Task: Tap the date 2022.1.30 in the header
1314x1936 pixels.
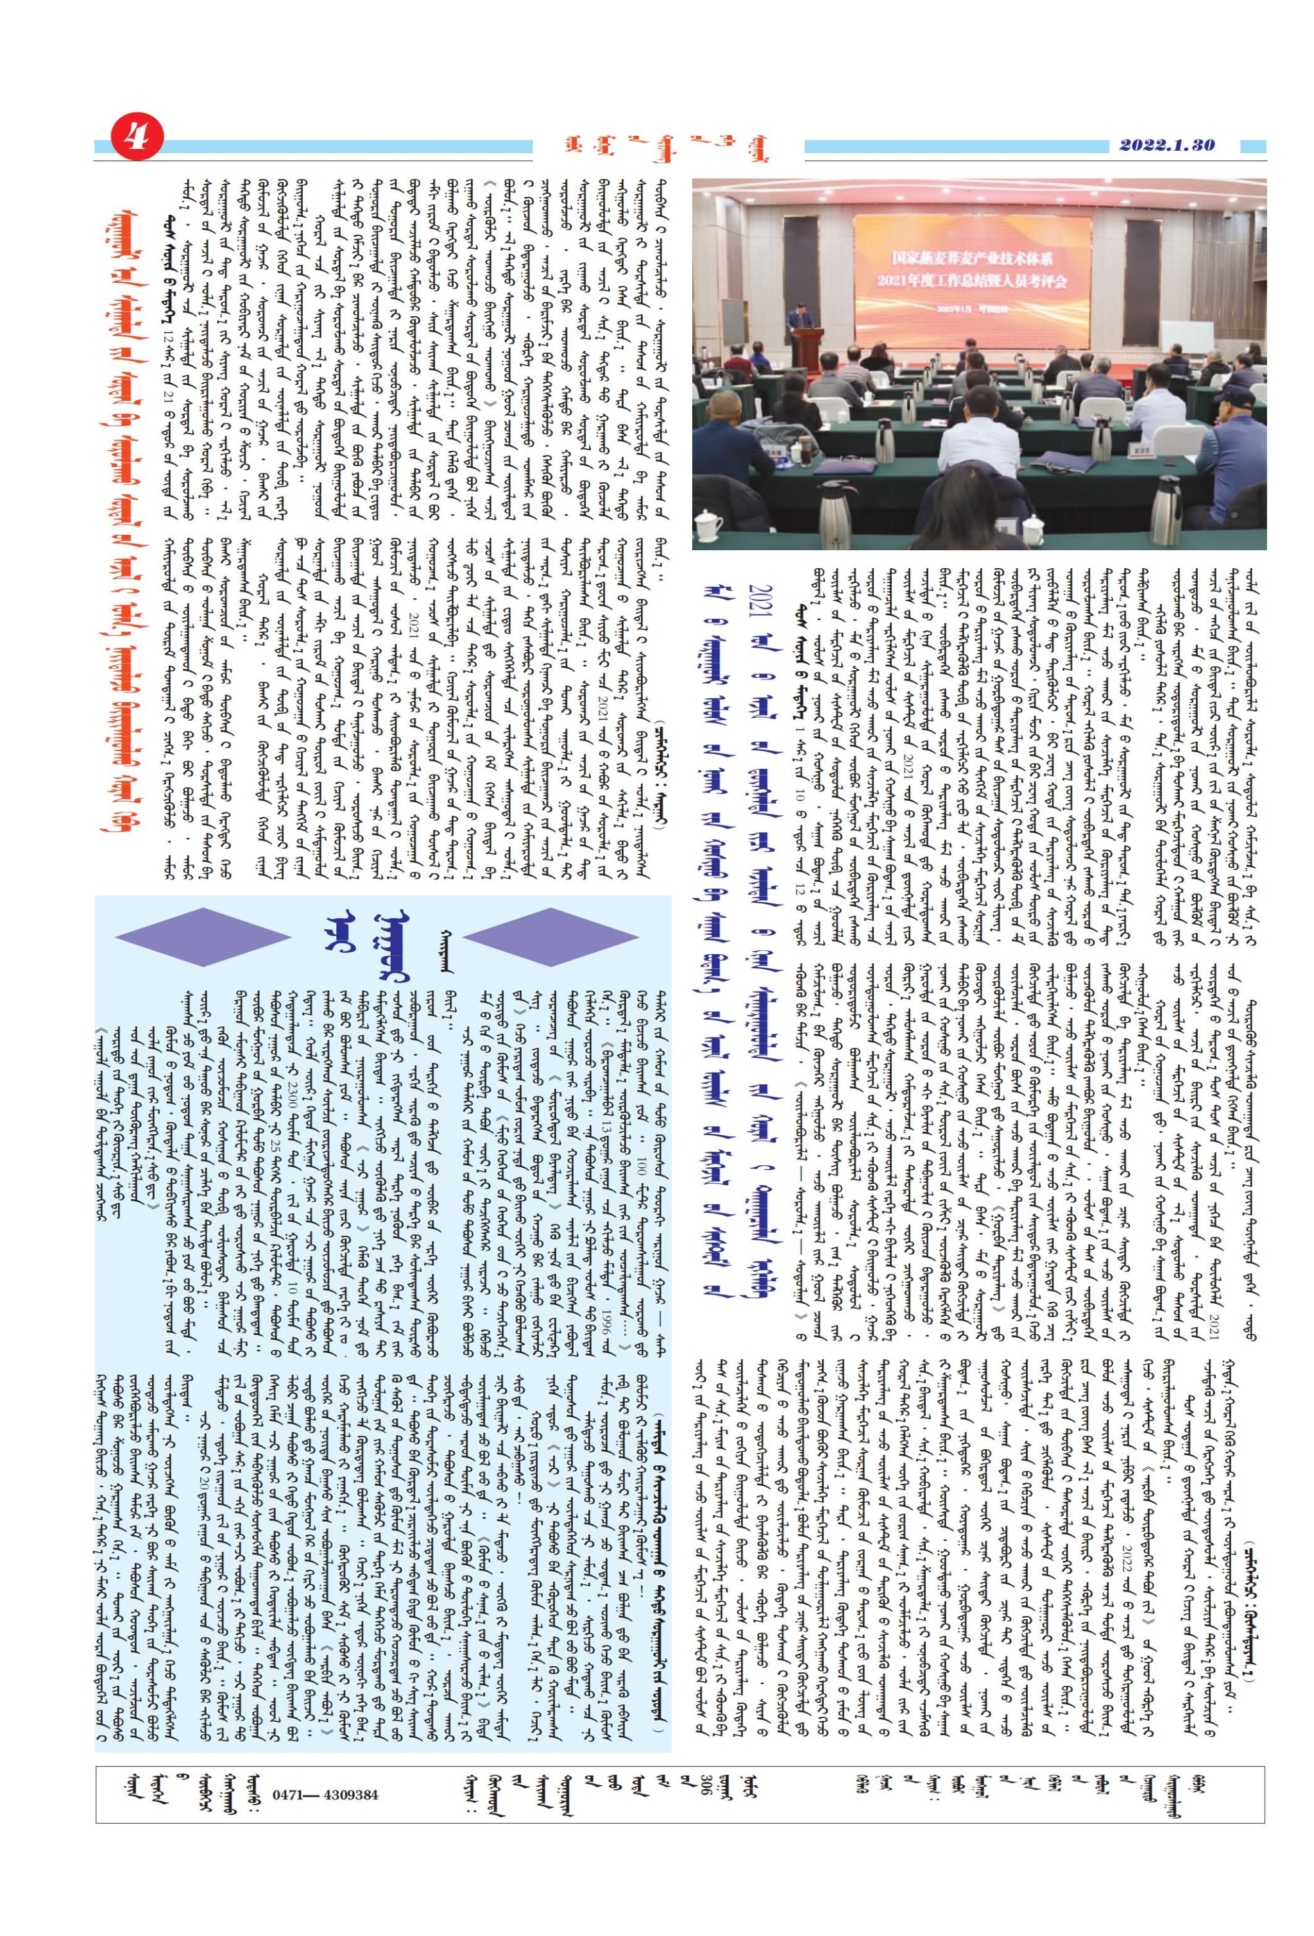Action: pyautogui.click(x=1166, y=144)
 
